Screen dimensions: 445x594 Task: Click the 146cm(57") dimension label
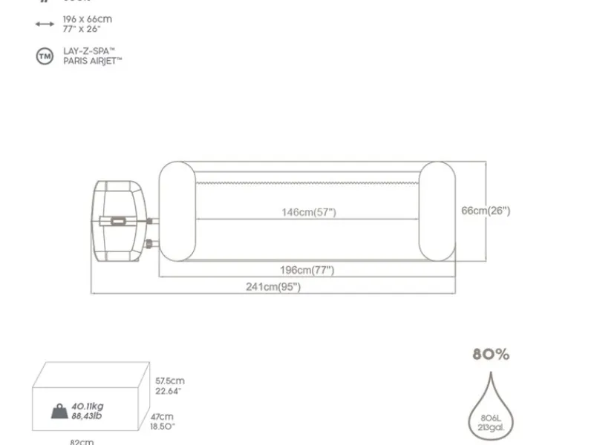[x=308, y=212]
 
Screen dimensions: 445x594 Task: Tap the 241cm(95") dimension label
[x=273, y=287]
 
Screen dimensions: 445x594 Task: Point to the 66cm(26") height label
[x=486, y=211]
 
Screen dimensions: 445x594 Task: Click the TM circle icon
[x=45, y=56]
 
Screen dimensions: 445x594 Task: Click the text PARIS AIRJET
[x=92, y=61]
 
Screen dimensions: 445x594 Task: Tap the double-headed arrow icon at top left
[x=45, y=24]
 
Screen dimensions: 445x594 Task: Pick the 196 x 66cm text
[x=87, y=19]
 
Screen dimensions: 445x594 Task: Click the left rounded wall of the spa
[x=177, y=212]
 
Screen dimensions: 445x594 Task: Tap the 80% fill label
[x=491, y=355]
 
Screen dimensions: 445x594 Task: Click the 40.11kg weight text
[x=88, y=406]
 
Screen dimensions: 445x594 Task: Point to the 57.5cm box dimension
[x=169, y=380]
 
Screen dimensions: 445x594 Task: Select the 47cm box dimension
[x=164, y=417]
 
